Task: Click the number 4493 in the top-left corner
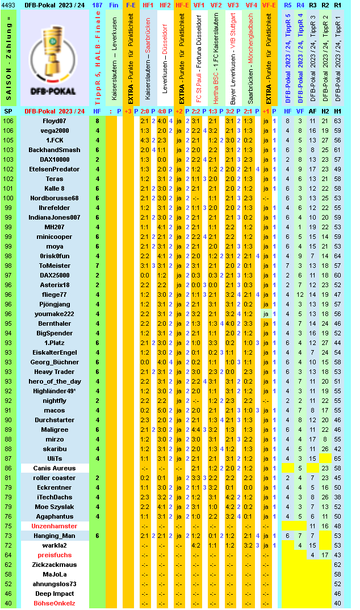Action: coord(9,5)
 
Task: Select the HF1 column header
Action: coord(148,5)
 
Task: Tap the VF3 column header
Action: coord(233,5)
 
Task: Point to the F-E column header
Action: coord(131,5)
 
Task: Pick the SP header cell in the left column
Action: coord(9,111)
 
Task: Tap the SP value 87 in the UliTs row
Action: coord(9,458)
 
